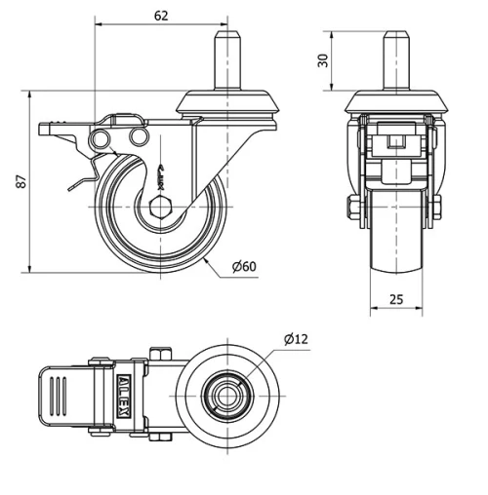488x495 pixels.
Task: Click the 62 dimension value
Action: point(161,15)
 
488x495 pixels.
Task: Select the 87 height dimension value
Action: point(19,182)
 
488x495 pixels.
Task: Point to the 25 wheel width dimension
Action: point(395,301)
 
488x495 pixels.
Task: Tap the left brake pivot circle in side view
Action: point(98,141)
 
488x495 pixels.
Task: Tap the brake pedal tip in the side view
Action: point(41,129)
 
